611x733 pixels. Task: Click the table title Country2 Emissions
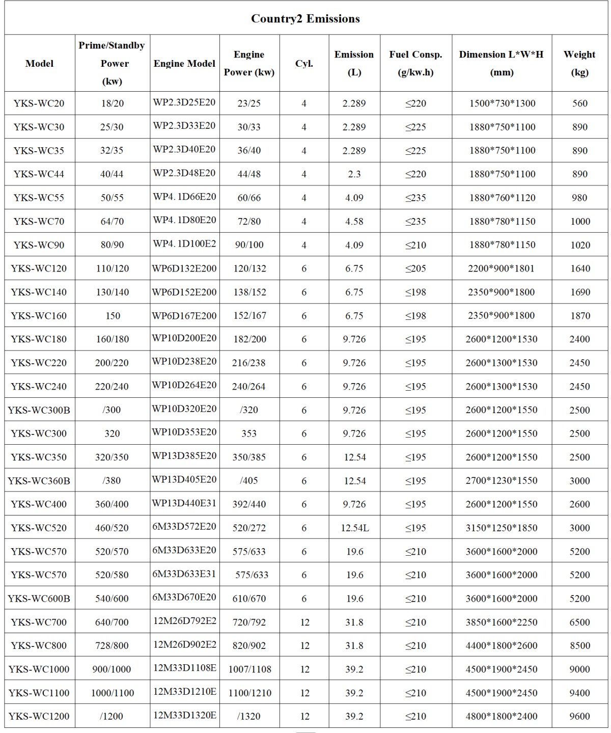click(305, 19)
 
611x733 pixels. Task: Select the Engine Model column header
click(184, 64)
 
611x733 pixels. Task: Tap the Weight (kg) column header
click(579, 63)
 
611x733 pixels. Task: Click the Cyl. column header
click(304, 64)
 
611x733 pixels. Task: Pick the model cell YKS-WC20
click(39, 103)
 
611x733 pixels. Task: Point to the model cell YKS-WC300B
click(39, 410)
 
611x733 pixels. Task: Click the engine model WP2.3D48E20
click(184, 173)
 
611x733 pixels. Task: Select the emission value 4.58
click(354, 221)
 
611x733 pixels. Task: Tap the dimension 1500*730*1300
click(502, 103)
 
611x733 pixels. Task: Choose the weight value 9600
click(579, 716)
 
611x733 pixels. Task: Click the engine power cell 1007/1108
click(249, 669)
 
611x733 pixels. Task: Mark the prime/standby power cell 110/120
click(112, 268)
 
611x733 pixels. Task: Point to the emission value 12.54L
click(355, 528)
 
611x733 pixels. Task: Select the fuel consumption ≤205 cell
click(415, 268)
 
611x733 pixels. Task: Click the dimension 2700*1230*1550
click(502, 481)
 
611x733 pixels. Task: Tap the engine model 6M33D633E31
click(184, 574)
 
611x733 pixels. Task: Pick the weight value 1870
click(579, 316)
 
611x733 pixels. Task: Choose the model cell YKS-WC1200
click(39, 716)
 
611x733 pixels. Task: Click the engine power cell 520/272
click(249, 528)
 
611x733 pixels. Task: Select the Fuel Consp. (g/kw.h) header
click(415, 63)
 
